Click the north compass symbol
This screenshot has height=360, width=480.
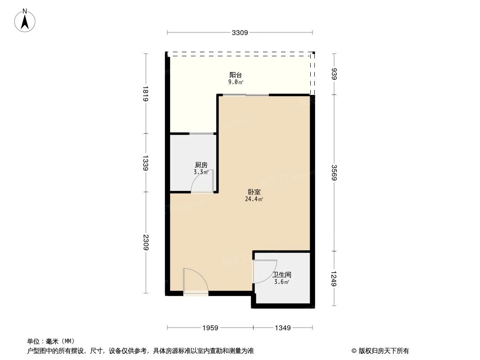tap(25, 20)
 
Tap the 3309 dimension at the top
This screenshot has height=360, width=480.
tap(240, 32)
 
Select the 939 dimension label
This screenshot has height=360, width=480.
tap(334, 74)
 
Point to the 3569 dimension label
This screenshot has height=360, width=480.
tap(334, 173)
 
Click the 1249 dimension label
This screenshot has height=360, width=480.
tap(334, 279)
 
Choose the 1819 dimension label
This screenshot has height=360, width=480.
tap(145, 94)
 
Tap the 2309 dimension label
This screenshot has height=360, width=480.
tap(145, 243)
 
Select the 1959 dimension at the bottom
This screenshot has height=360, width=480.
tap(210, 328)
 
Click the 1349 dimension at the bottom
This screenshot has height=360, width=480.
tap(282, 328)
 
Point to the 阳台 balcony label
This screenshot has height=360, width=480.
tap(235, 75)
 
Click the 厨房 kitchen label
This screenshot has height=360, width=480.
tap(201, 165)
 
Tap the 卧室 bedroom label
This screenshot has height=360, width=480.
tap(254, 192)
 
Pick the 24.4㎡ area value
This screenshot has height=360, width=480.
tap(254, 199)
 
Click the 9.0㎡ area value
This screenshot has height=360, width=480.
tap(235, 82)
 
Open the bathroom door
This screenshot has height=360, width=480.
tap(265, 272)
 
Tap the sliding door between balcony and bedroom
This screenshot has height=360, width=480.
tap(245, 95)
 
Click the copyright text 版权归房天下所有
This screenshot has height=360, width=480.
tap(380, 351)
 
